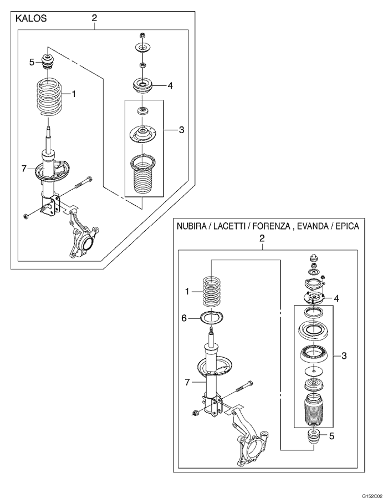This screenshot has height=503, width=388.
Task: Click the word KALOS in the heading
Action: (x=31, y=18)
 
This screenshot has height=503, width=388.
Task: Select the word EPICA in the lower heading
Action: (x=348, y=226)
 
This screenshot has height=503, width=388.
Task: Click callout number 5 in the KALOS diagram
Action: (x=32, y=62)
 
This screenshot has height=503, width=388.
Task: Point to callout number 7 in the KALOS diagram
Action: (x=24, y=169)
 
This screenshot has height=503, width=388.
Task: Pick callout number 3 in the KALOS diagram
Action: (x=181, y=130)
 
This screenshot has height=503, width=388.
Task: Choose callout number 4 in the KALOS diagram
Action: (x=170, y=85)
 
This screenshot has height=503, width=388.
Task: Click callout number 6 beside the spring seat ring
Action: (x=183, y=318)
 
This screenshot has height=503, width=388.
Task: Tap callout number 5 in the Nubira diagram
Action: (x=331, y=436)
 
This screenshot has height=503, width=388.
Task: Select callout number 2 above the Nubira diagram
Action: (x=262, y=238)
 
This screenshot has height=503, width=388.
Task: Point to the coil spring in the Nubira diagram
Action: (x=212, y=292)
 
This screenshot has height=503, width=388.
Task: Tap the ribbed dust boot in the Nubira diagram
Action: (x=314, y=410)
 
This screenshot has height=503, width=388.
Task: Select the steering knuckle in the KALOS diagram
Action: (x=83, y=237)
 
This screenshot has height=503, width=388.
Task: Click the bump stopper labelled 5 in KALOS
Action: (x=48, y=62)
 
